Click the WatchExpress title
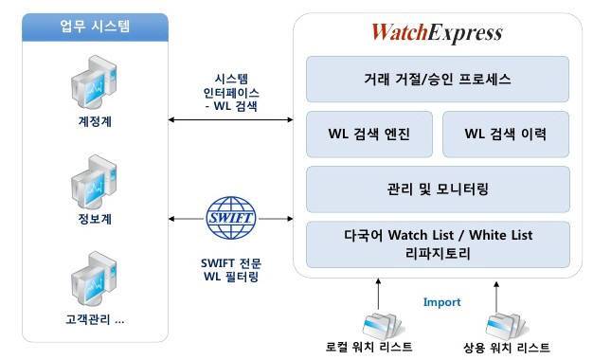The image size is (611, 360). (436, 33)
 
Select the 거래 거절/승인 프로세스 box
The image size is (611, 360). (437, 80)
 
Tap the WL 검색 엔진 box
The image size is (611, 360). (369, 134)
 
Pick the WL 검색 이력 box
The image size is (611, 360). (505, 134)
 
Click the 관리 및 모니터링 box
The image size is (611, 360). (437, 189)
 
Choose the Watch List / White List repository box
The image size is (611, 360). (437, 244)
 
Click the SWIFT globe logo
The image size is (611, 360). (230, 217)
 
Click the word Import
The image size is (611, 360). (441, 302)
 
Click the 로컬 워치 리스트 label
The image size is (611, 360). (369, 347)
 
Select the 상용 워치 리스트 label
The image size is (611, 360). (501, 347)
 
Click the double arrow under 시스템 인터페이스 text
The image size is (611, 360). (229, 120)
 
